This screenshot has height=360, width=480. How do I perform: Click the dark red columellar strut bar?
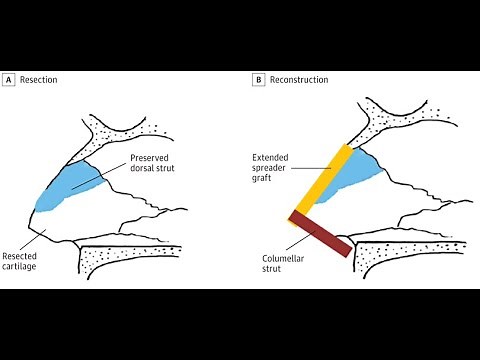click(321, 232)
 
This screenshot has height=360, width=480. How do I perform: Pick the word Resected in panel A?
click(22, 257)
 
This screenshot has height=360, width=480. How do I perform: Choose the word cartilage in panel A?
click(23, 269)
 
